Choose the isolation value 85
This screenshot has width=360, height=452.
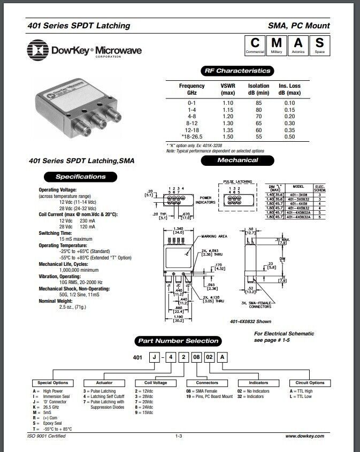(x=259, y=102)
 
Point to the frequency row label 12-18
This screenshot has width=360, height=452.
(x=192, y=131)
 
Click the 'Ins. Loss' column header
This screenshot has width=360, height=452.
(x=290, y=89)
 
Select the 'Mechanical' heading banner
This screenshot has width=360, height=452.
(x=238, y=160)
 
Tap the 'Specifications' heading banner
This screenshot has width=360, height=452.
(x=81, y=177)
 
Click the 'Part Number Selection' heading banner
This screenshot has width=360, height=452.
(x=178, y=341)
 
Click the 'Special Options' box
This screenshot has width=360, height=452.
(x=53, y=383)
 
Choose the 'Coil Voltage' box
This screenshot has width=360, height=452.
(x=156, y=383)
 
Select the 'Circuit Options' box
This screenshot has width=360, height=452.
(x=310, y=383)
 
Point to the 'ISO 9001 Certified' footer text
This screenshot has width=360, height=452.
(x=46, y=436)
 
